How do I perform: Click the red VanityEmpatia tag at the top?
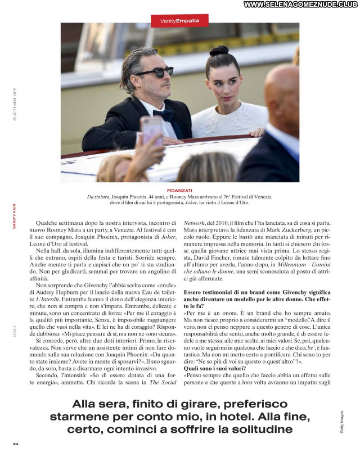179,21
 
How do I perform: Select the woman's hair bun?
219,51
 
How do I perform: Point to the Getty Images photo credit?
341,422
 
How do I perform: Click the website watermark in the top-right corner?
301,4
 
